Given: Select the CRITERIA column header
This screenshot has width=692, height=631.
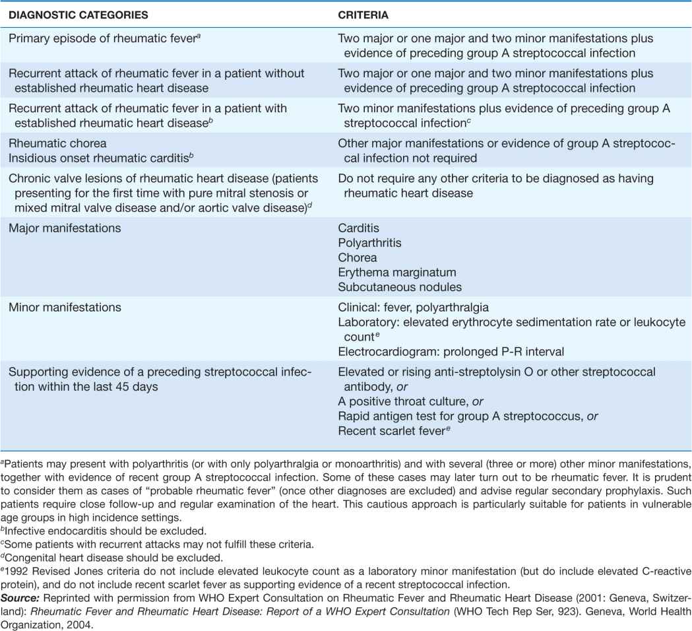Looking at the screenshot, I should tap(360, 13).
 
